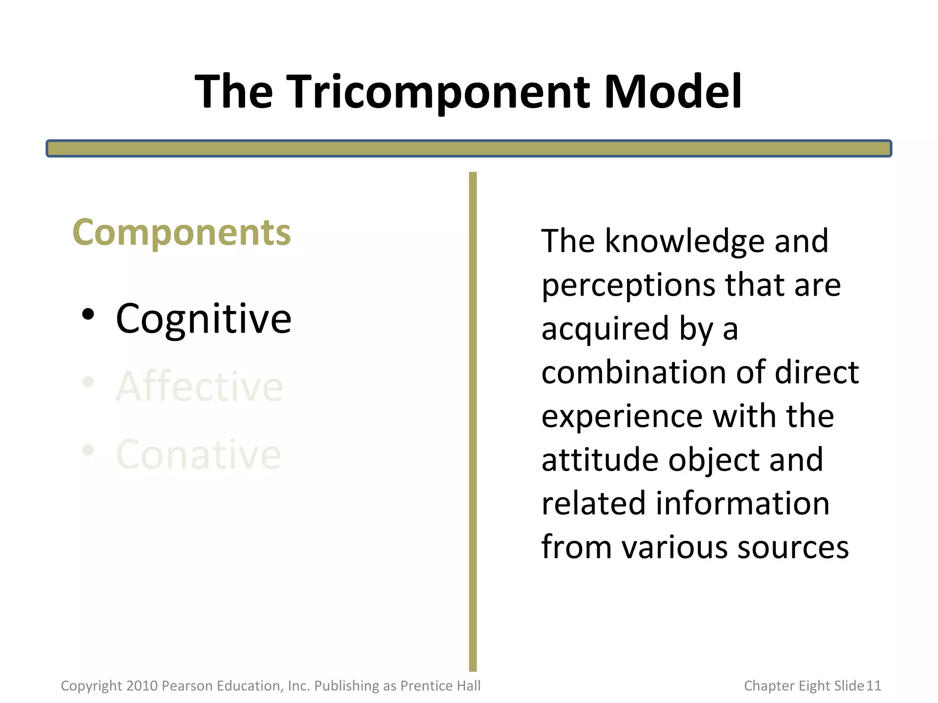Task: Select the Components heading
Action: tap(181, 233)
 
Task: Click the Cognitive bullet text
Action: tap(203, 319)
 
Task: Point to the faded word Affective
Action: tap(200, 387)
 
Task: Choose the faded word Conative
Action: tap(198, 454)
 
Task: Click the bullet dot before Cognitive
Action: tap(88, 315)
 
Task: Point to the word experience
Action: tap(622, 416)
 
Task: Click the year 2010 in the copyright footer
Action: tap(142, 686)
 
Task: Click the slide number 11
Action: tap(874, 686)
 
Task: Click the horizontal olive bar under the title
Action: tap(469, 149)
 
